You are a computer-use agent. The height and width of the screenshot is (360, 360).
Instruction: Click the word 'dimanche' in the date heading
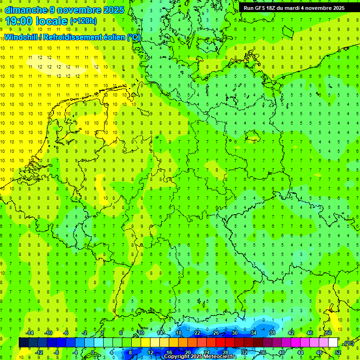click(25, 10)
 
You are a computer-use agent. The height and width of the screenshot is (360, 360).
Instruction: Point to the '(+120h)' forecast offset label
click(83, 21)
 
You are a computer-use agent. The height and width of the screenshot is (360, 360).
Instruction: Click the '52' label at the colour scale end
click(338, 352)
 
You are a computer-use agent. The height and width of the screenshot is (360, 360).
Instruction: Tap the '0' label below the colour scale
click(93, 352)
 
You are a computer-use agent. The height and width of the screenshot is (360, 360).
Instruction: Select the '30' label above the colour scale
click(235, 333)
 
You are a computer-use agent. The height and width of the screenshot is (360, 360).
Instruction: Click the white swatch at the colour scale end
click(333, 343)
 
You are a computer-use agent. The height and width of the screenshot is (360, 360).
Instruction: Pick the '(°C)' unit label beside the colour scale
click(349, 343)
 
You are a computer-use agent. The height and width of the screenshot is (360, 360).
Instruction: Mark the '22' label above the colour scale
click(197, 333)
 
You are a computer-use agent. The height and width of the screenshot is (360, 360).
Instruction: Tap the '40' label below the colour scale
click(281, 352)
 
